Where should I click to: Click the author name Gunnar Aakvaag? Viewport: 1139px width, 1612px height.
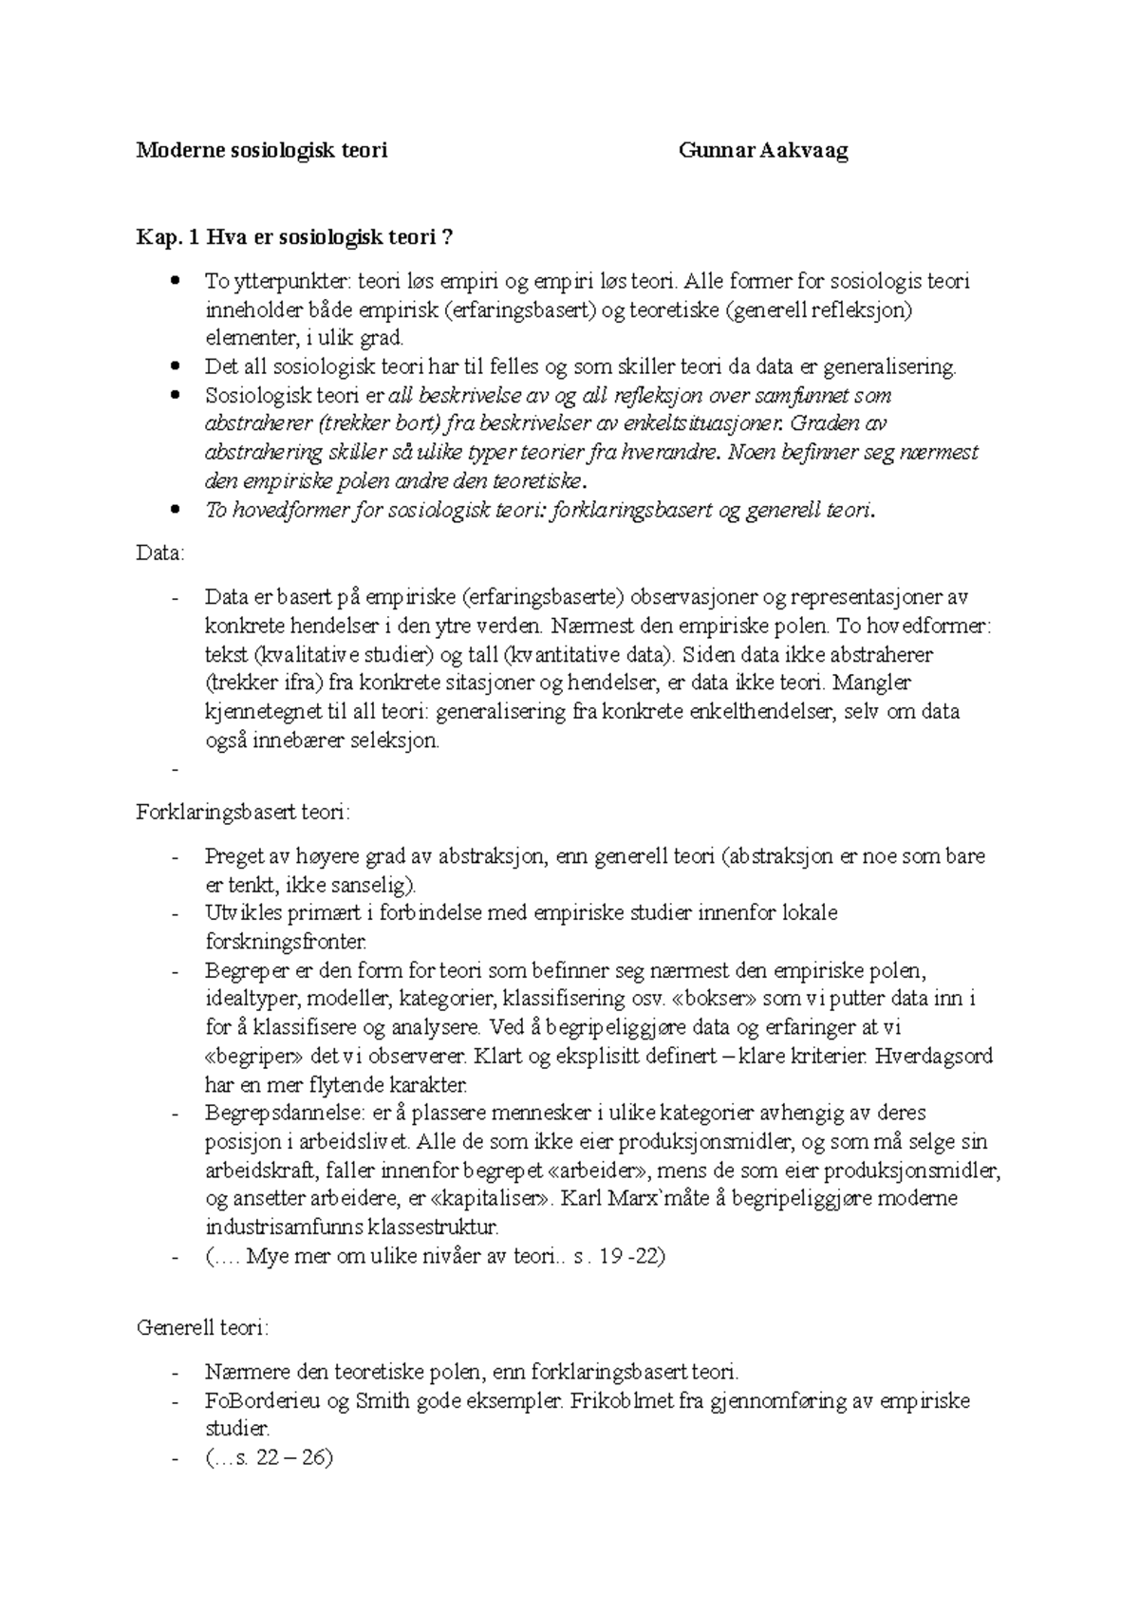click(x=763, y=151)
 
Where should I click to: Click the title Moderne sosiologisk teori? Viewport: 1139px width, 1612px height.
click(x=262, y=151)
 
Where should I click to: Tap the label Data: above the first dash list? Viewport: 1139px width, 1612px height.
click(x=160, y=553)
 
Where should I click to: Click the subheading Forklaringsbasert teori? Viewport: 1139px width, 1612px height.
click(x=244, y=813)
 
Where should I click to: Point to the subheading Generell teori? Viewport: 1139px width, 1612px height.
click(x=203, y=1328)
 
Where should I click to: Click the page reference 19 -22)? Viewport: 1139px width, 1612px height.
click(x=631, y=1256)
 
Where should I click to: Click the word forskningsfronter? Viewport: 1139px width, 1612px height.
click(x=285, y=942)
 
